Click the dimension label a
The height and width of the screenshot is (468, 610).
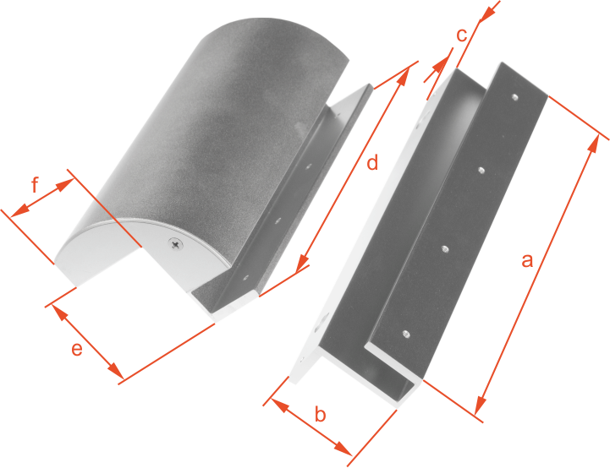coord(527,260)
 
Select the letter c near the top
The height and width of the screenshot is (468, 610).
coord(461,35)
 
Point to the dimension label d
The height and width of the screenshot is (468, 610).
coord(372,162)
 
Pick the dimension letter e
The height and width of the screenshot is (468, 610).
coord(77,349)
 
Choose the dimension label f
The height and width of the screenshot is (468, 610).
coord(35,185)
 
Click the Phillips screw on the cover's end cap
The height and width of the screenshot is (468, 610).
coord(176,244)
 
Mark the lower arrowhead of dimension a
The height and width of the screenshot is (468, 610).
coord(481,405)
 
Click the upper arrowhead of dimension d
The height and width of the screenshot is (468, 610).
coord(404,77)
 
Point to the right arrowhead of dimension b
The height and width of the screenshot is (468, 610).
coord(343,448)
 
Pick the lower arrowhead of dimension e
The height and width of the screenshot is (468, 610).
coord(115,370)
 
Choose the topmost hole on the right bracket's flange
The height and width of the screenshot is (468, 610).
coord(515,96)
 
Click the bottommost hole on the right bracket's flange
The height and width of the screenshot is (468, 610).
coord(406,333)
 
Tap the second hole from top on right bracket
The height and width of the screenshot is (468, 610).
coord(481,170)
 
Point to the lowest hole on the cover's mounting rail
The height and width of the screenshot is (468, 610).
coord(245,278)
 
